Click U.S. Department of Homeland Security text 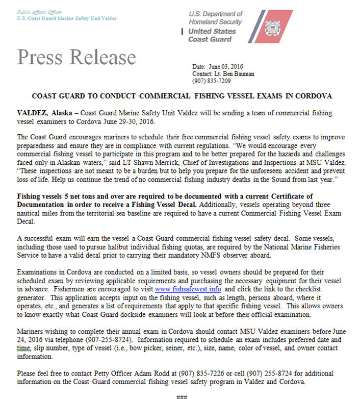pos(216,18)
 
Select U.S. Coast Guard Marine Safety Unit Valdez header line pos(66,18)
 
